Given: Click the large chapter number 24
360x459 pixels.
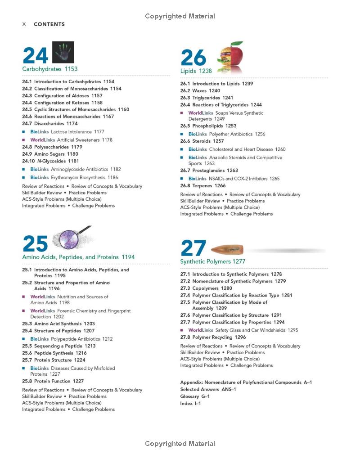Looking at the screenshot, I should point(35,56).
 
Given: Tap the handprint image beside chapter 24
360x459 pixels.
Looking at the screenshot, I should point(63,52).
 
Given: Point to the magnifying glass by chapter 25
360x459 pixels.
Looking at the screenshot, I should point(72,238).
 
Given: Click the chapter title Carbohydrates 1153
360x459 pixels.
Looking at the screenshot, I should point(50,69).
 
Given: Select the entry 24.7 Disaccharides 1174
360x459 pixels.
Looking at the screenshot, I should point(50,123).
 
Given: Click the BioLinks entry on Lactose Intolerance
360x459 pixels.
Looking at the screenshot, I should point(67,132).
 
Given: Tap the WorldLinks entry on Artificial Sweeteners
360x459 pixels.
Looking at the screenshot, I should point(71,140).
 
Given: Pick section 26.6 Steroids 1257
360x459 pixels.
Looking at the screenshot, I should point(202,141).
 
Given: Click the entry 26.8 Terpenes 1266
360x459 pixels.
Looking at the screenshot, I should point(203,185).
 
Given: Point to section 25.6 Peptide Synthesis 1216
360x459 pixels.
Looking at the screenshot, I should point(54,353).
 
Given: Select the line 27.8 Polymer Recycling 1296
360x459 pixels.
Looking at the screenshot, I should point(213,337).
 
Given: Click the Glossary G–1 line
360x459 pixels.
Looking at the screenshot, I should point(195,396).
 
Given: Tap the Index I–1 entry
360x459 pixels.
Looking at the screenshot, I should point(190,403).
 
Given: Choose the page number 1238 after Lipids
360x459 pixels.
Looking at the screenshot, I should point(205,71).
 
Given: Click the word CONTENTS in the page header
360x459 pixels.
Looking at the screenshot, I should point(49,24).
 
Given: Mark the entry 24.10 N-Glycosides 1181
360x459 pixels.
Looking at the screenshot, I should point(50,161).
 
